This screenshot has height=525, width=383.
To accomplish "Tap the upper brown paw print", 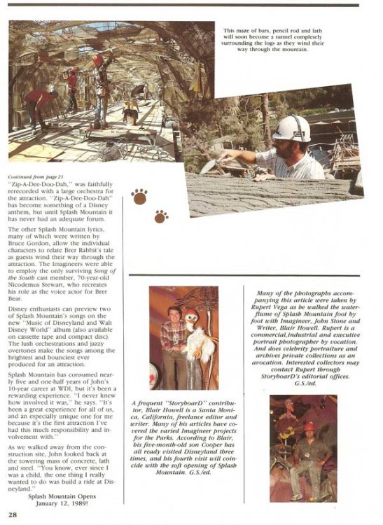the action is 140,197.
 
